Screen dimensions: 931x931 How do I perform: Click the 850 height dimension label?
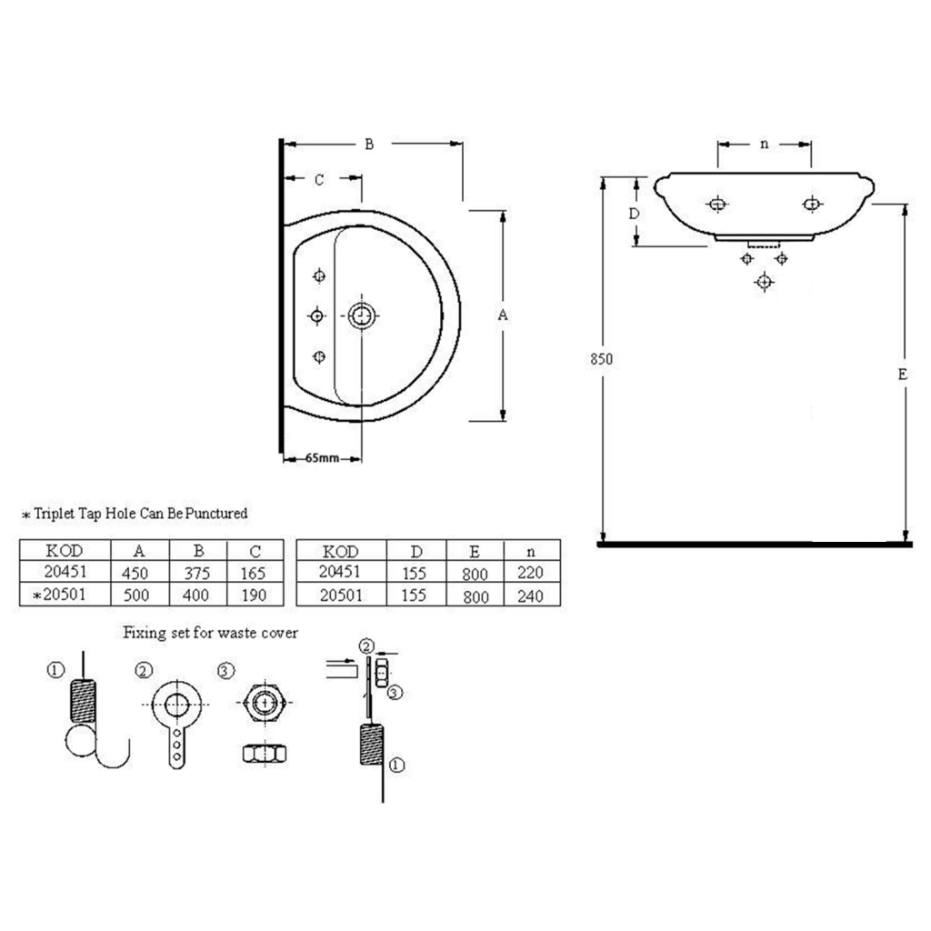(602, 358)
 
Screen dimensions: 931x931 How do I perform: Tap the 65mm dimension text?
(323, 458)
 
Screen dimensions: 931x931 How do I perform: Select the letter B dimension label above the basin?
(369, 145)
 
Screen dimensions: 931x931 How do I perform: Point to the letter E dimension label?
(903, 374)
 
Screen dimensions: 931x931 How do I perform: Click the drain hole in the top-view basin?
(362, 315)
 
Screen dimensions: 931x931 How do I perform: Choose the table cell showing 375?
(196, 573)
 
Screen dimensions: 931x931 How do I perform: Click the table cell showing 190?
(254, 595)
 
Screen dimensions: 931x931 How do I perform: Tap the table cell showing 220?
(530, 573)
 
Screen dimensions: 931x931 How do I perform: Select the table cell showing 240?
(530, 596)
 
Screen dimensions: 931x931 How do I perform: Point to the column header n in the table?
(531, 552)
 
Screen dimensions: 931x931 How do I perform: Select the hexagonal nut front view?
(265, 703)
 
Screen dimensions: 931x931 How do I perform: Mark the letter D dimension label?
(634, 213)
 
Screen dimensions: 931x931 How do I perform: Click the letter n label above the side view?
(764, 145)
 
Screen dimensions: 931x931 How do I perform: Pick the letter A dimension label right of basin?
(503, 315)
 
